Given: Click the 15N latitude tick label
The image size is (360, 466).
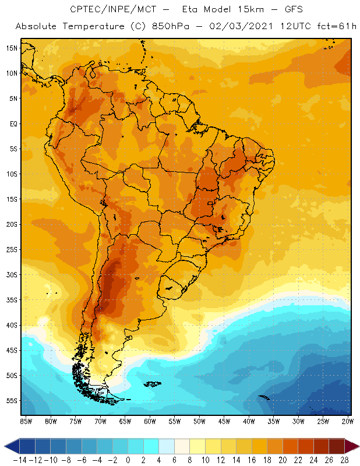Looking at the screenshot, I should coord(11,48).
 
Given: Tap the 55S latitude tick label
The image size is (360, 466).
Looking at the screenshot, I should coord(11,401).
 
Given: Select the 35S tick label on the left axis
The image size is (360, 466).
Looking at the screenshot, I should coord(11,300).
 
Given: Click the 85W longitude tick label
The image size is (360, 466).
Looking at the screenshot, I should coord(26,421).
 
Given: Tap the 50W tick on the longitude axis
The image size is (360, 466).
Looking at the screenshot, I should coord(200,421).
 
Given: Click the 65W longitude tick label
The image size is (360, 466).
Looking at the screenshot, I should coord(125,421).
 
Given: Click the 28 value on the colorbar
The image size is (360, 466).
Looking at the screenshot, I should coord(343,460).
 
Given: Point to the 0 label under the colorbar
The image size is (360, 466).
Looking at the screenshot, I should coord(128,460).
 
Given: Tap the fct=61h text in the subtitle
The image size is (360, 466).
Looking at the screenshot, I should coord(330,27).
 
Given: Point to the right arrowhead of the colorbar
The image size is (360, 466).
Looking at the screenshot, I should coord(351,446).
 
